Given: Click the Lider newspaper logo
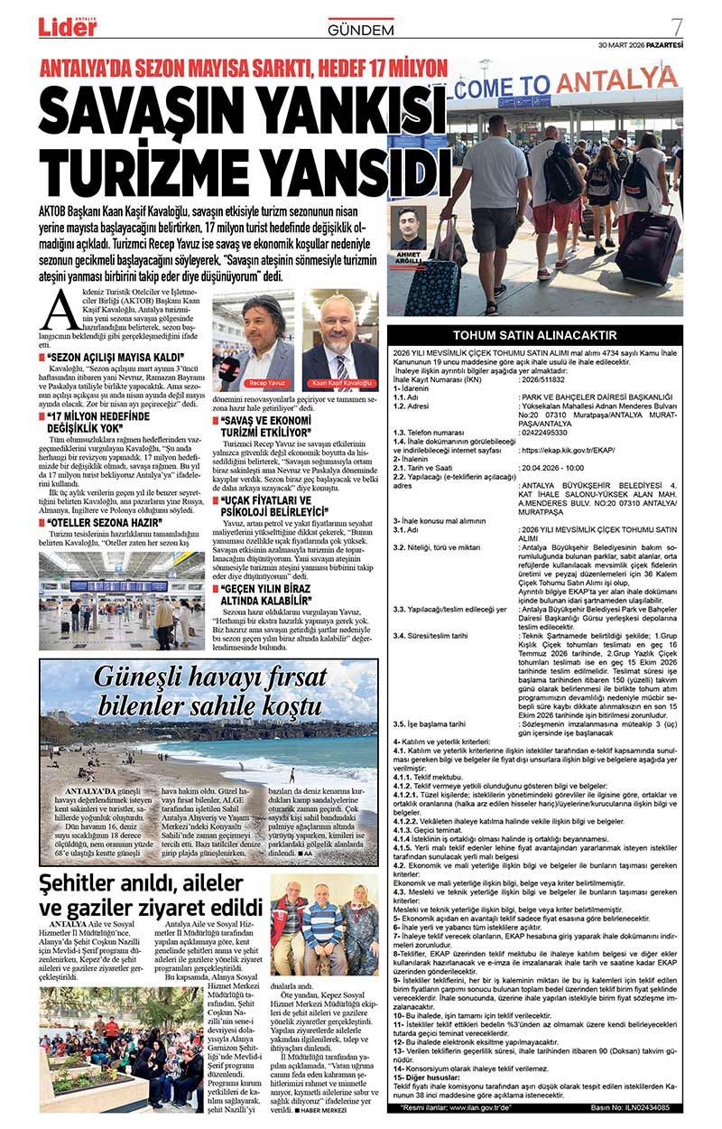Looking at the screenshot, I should pos(68,26).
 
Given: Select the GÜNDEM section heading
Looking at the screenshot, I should pos(360,30).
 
